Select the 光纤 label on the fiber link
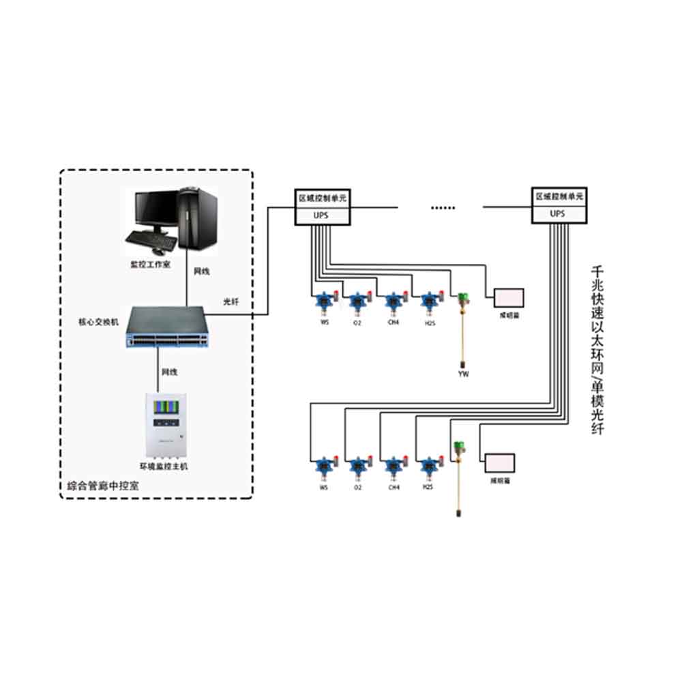coord(231,301)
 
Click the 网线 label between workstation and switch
coord(202,271)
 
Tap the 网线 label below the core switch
coord(170,372)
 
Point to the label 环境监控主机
coord(163,466)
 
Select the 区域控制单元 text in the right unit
coord(559,196)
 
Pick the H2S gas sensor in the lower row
coord(429,466)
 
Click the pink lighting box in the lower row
coord(500,464)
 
